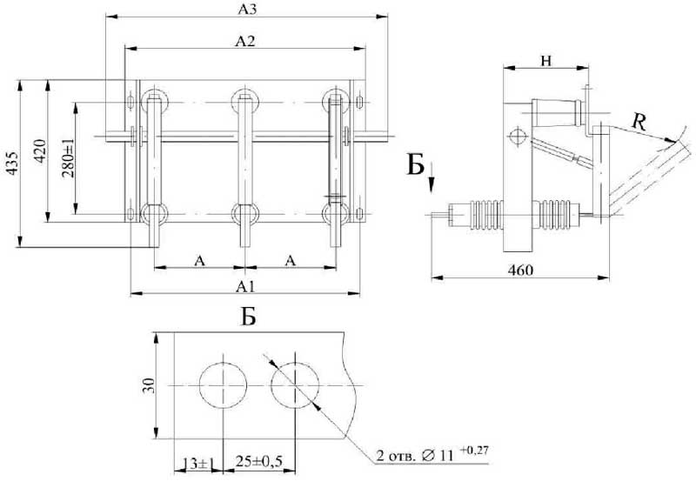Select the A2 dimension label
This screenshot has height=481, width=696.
pos(247,39)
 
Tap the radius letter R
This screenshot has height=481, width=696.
pos(639,123)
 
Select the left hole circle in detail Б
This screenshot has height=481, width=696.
pos(224,385)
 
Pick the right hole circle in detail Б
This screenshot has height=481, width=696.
pos(294,385)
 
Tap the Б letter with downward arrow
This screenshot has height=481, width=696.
pos(416,164)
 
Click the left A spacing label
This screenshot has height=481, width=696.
pos(199,260)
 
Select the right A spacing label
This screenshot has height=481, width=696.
pos(290,260)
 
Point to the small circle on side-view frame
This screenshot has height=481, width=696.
pos(516,137)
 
